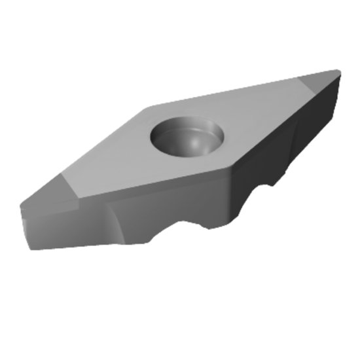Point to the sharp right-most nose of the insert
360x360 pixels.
[x=339, y=71]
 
